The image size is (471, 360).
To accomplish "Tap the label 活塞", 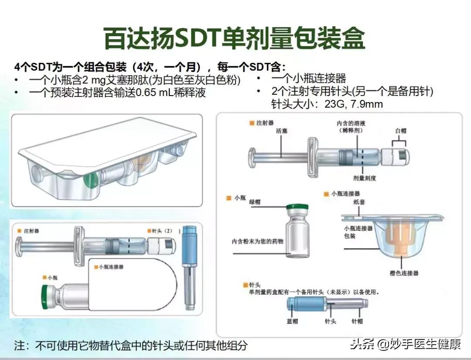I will (x=281, y=130).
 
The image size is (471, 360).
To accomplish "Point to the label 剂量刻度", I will (x=365, y=178).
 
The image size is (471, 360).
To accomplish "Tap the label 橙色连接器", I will (x=404, y=273).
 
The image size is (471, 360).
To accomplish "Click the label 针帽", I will (x=358, y=322).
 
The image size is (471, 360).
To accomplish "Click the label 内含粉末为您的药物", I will (x=257, y=241).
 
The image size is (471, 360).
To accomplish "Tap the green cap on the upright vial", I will (x=297, y=208).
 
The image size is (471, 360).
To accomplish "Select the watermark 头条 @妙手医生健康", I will (x=406, y=344).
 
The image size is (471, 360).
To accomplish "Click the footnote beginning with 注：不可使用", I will (x=131, y=346).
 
